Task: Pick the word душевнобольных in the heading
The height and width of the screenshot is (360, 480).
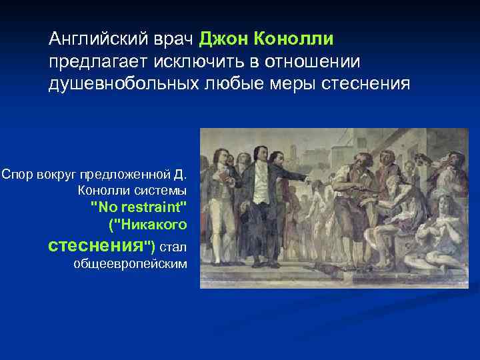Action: click(x=120, y=85)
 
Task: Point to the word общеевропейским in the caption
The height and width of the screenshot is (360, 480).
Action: click(x=130, y=263)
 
